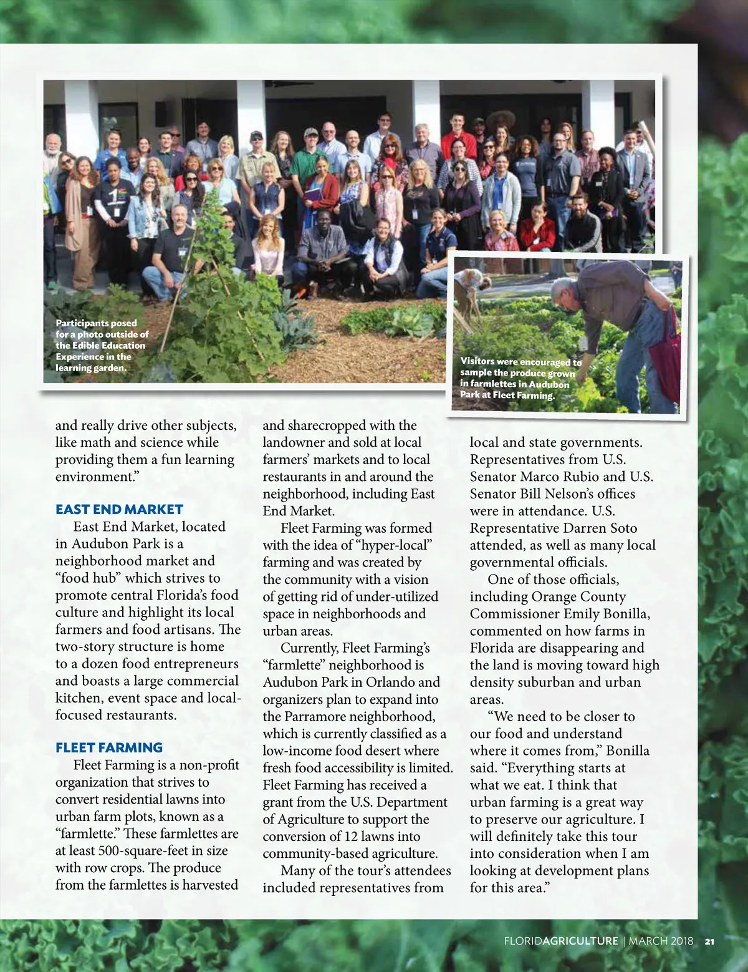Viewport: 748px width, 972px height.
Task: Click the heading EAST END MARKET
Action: coord(119,510)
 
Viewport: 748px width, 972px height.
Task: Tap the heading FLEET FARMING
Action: coord(109,748)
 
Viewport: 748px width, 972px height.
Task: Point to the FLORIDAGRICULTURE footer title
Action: coord(561,941)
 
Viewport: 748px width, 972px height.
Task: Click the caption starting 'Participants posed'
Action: coord(102,346)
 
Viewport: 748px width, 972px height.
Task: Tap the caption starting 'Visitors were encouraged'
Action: coord(520,378)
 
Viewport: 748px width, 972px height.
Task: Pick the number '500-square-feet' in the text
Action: coord(148,851)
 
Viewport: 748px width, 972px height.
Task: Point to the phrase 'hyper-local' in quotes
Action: coord(392,545)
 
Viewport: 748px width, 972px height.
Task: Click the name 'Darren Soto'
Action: coord(600,528)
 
